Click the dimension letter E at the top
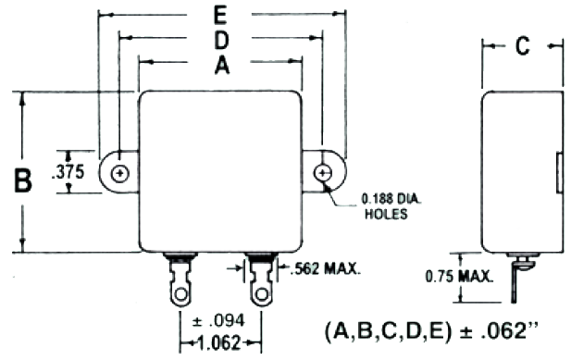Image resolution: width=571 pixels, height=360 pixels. (x=220, y=17)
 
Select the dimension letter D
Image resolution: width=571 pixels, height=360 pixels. (x=220, y=42)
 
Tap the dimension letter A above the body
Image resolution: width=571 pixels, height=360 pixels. (x=220, y=66)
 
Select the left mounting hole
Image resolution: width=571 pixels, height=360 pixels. (x=119, y=173)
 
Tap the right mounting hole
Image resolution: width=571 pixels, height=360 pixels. (x=322, y=173)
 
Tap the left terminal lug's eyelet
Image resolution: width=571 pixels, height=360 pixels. (x=177, y=295)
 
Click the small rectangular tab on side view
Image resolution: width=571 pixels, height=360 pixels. (x=558, y=173)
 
